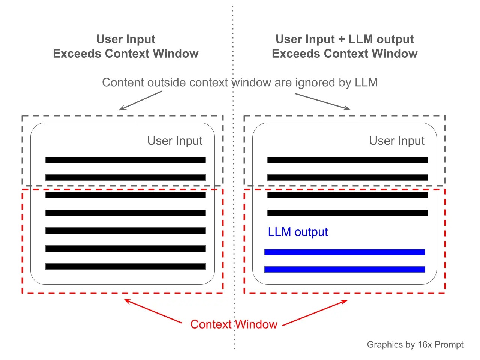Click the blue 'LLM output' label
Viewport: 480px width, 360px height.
tap(298, 232)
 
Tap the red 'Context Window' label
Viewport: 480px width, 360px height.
tap(234, 324)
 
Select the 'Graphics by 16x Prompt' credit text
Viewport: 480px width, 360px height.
tap(415, 345)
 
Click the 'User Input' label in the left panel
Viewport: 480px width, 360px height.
tap(175, 141)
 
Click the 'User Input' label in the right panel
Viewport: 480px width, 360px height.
tap(397, 141)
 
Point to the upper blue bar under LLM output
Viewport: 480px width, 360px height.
tap(345, 252)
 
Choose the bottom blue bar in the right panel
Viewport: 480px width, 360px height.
tap(345, 269)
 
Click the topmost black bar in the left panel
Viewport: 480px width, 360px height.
tap(126, 160)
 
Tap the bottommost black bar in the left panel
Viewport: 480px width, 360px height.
tap(126, 267)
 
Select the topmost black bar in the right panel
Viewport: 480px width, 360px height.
tap(348, 160)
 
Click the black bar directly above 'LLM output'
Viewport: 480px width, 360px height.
tap(348, 213)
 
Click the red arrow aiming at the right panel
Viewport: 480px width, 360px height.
tap(315, 313)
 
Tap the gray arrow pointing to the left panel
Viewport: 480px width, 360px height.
tap(140, 100)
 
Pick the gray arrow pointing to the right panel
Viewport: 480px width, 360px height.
tap(322, 101)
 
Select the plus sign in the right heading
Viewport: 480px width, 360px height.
tap(341, 39)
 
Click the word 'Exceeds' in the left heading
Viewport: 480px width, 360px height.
tap(77, 54)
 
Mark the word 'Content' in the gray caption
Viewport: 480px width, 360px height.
tap(123, 82)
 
